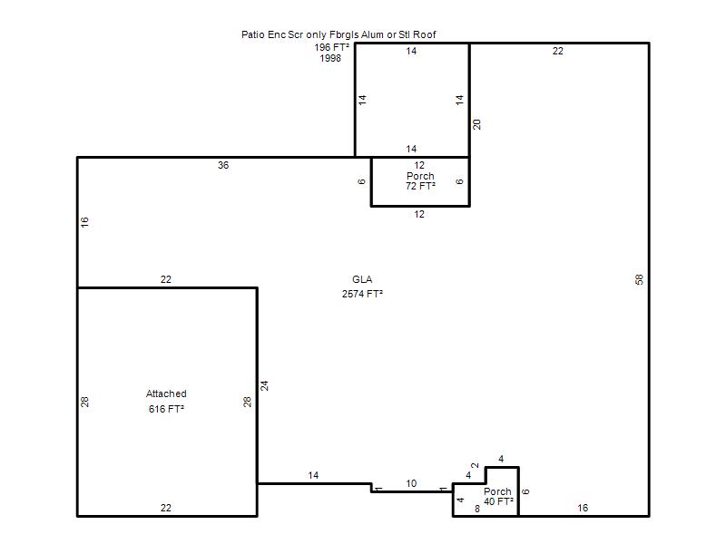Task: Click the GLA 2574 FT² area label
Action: [362, 287]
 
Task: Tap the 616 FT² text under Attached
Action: [166, 409]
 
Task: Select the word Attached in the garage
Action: [166, 393]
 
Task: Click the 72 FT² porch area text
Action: [420, 186]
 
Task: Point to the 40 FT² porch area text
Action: [498, 501]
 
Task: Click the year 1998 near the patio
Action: [330, 58]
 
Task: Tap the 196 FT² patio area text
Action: [331, 47]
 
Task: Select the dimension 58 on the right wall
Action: [640, 279]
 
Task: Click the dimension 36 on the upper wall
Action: [223, 165]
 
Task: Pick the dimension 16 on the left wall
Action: [84, 222]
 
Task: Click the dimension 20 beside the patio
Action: [477, 124]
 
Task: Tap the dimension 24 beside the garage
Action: [264, 386]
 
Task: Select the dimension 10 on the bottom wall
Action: [411, 483]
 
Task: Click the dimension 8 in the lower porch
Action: [477, 509]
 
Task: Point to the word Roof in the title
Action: [425, 34]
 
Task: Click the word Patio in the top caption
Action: [253, 34]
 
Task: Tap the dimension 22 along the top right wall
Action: [558, 51]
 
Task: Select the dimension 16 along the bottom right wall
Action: [583, 508]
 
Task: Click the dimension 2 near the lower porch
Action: [475, 466]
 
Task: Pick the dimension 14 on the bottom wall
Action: [313, 475]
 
